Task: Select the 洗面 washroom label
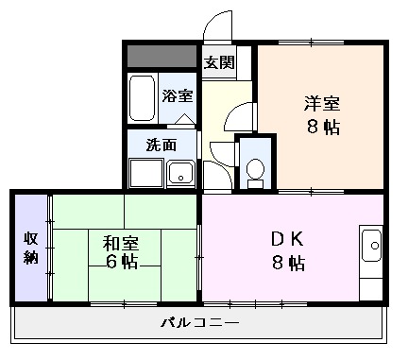tap(161, 146)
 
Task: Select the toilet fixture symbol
tap(254, 168)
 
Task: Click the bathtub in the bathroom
tap(143, 98)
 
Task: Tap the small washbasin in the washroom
tap(178, 174)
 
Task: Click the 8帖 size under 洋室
tap(321, 128)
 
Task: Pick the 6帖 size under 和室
tap(118, 262)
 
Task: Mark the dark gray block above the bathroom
tap(162, 55)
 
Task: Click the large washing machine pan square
tap(146, 174)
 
